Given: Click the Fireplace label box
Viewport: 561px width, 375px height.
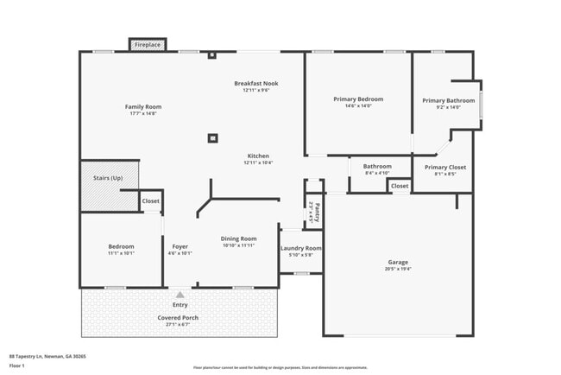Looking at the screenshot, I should coord(147,43).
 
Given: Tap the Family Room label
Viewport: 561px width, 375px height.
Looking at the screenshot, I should coord(145,107).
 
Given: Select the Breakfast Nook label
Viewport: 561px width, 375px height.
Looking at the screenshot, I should coord(256,83).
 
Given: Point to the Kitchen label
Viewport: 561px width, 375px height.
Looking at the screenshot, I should coord(258,156).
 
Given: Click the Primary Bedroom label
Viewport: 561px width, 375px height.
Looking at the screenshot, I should coord(358,99).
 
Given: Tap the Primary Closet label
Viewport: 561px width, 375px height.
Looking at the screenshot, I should coord(444,167).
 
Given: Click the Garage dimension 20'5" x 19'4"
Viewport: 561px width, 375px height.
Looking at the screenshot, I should coord(398,269).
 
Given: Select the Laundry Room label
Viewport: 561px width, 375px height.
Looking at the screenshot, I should coord(301,248).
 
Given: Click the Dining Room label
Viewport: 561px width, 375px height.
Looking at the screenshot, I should coord(239,238).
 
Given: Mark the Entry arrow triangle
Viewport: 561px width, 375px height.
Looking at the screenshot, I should coord(180,295).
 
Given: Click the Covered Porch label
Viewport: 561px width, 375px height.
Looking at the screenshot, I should coord(178,317).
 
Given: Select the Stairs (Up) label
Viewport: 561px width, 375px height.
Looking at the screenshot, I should coord(108,178).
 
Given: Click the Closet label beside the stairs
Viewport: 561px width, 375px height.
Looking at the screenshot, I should coord(150,200).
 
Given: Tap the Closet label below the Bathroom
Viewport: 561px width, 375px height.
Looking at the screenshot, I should coord(399,186).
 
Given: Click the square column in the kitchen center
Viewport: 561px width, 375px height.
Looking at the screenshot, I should coord(212,137).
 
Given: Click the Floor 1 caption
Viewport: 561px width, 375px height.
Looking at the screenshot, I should coord(17,365).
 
